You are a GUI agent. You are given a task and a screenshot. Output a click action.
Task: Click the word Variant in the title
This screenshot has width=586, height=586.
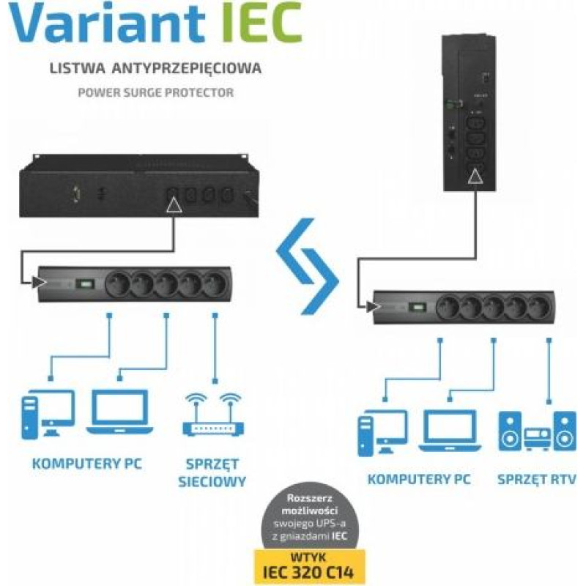pyautogui.click(x=107, y=23)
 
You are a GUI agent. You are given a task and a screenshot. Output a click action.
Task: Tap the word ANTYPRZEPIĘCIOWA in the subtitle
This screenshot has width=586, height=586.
pyautogui.click(x=187, y=67)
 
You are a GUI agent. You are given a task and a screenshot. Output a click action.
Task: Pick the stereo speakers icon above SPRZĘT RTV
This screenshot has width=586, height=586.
pyautogui.click(x=538, y=431)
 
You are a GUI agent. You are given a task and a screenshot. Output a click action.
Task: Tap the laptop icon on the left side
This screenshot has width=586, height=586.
pyautogui.click(x=119, y=412)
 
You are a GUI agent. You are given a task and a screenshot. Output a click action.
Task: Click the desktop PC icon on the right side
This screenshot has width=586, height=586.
pyautogui.click(x=382, y=433)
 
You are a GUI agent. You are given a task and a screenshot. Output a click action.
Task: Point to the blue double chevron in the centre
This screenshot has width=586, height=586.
pyautogui.click(x=308, y=266)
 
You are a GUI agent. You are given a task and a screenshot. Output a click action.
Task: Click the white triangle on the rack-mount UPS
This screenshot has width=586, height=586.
pyautogui.click(x=174, y=205)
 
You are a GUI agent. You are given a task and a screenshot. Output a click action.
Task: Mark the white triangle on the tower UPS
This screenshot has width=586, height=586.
pyautogui.click(x=475, y=177)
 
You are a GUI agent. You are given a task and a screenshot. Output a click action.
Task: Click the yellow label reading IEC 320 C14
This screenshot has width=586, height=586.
pyautogui.click(x=309, y=567)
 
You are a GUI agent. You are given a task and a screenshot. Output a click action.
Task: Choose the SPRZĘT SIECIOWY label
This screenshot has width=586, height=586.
pyautogui.click(x=212, y=472)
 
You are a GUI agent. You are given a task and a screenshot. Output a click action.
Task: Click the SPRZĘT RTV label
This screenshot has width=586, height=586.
pyautogui.click(x=537, y=480)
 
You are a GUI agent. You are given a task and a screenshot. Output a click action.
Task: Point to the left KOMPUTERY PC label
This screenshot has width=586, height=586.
pyautogui.click(x=87, y=464)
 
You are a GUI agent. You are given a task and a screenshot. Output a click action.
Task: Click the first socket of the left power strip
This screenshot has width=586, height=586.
pyautogui.click(x=117, y=284)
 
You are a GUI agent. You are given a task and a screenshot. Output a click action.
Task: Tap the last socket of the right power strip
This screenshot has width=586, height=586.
pyautogui.click(x=541, y=307)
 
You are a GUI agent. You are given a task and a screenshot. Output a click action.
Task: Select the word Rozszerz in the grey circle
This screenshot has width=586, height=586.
pyautogui.click(x=309, y=498)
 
